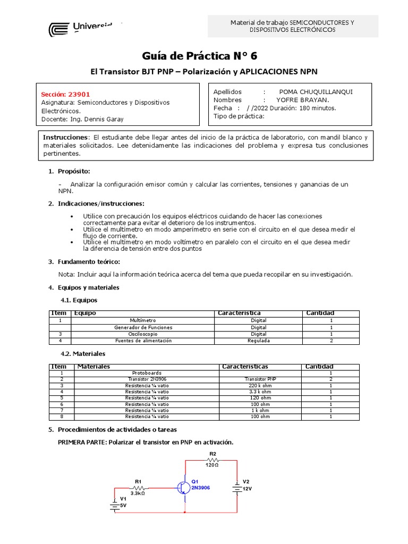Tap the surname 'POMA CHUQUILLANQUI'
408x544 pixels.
point(316,91)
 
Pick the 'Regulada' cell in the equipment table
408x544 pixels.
point(258,341)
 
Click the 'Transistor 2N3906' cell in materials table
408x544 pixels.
point(147,379)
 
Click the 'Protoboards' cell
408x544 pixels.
point(147,373)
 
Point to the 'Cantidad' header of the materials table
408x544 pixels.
point(319,367)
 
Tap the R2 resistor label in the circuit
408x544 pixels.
point(212,454)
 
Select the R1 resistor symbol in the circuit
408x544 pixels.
point(139,487)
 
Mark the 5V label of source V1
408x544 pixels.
point(123,505)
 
